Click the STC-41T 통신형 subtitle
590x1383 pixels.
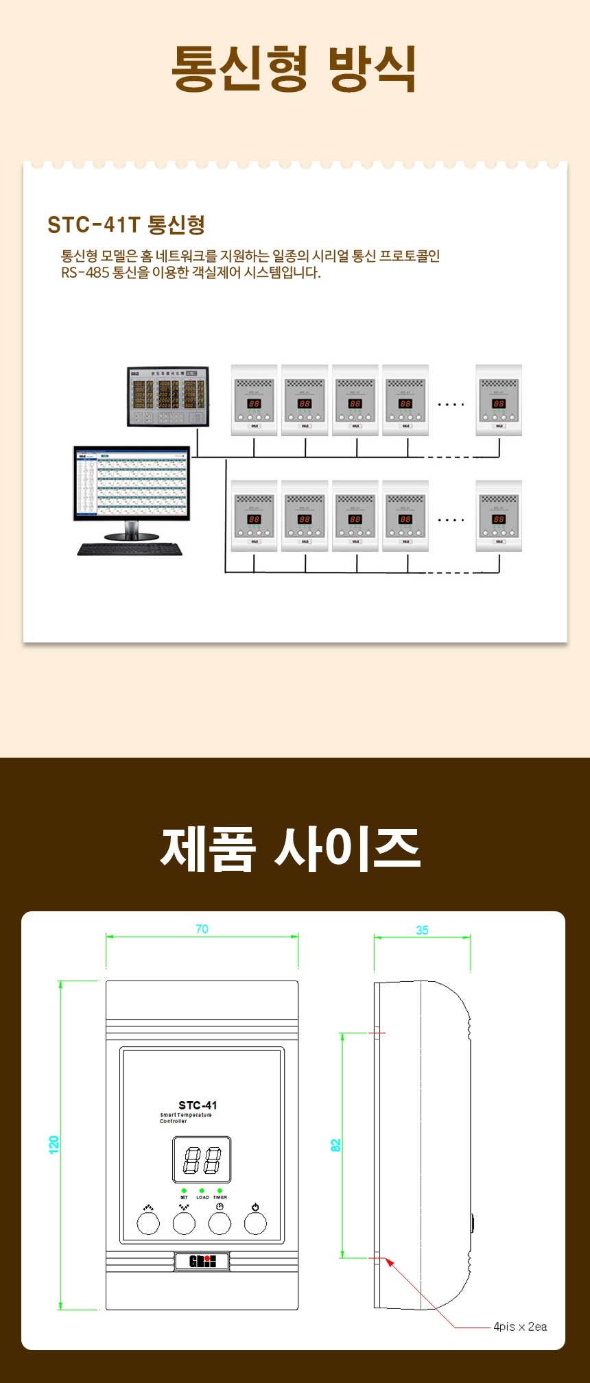point(126,224)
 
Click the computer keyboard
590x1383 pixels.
point(130,549)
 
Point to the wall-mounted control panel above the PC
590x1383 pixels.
point(168,396)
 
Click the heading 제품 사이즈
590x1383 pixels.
point(290,849)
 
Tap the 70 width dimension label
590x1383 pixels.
point(202,929)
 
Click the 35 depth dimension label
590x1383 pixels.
point(422,930)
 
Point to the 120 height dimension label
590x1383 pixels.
point(54,1144)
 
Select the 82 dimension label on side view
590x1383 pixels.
point(335,1145)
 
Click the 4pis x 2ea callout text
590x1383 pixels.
point(520,1327)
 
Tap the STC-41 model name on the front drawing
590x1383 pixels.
point(198,1105)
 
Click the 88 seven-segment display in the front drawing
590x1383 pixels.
point(202,1159)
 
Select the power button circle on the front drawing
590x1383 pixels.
point(255,1223)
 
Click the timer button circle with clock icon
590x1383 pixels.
point(220,1223)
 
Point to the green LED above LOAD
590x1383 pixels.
point(202,1191)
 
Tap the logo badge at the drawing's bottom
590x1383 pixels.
point(202,1260)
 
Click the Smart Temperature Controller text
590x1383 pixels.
point(186,1118)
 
